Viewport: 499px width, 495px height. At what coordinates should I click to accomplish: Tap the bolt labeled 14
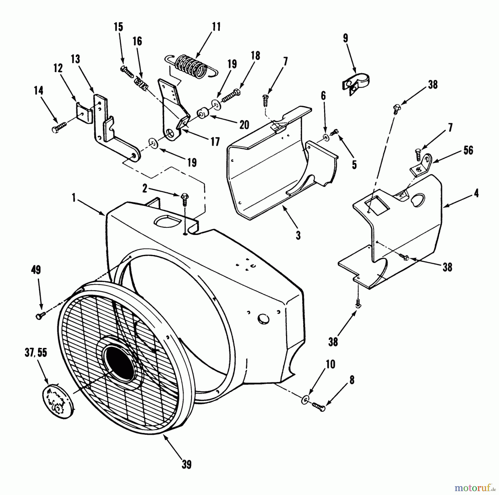point(59,127)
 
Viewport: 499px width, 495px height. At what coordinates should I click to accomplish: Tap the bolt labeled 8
point(318,407)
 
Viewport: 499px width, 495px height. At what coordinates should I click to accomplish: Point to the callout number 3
point(298,235)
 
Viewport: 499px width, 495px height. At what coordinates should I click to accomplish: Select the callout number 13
point(75,59)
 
